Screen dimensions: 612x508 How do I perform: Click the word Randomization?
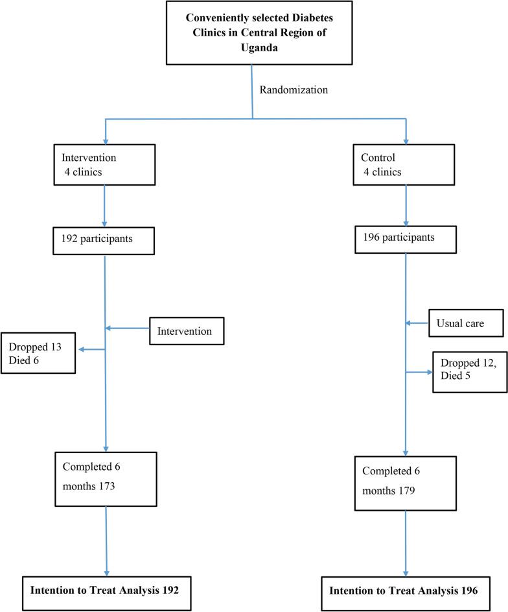pyautogui.click(x=294, y=90)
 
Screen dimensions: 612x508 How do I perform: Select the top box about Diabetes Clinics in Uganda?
pyautogui.click(x=251, y=32)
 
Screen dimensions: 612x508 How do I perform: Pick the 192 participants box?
pyautogui.click(x=104, y=240)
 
